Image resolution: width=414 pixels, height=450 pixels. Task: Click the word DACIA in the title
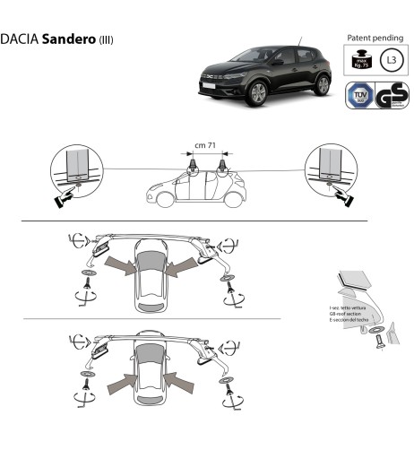point(21,40)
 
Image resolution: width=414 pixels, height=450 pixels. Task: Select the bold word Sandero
point(71,40)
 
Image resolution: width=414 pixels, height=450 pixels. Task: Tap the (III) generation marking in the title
point(106,41)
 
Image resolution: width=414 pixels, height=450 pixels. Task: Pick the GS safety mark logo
point(388,94)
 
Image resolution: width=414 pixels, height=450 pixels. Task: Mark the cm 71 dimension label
point(206,144)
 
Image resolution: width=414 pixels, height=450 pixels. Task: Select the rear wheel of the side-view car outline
point(233,201)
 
